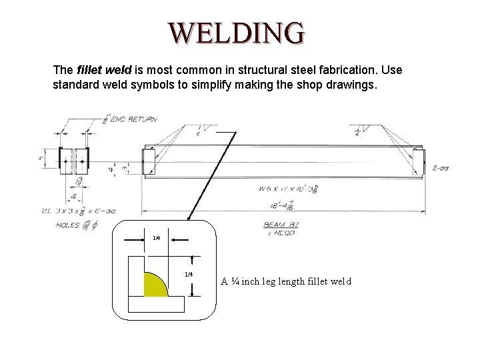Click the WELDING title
click(237, 31)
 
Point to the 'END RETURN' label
click(134, 119)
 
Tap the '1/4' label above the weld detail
click(156, 238)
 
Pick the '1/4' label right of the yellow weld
click(189, 275)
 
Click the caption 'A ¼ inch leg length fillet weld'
click(286, 281)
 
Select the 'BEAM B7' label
click(282, 225)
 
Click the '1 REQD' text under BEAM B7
click(282, 233)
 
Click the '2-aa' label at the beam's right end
click(439, 167)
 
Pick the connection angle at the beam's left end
click(148, 162)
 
